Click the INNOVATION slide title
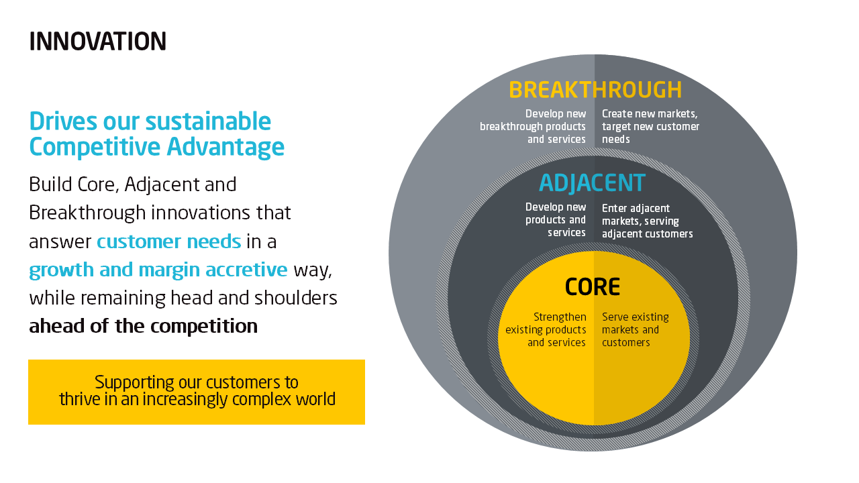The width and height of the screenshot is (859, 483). coord(98,42)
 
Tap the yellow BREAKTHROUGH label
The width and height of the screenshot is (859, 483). coord(595,90)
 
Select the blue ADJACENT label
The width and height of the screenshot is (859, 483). coord(592,183)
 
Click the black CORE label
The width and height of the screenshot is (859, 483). coord(593,286)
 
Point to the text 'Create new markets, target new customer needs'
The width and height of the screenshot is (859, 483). coord(650,126)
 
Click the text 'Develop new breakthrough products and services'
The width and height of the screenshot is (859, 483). coord(533,126)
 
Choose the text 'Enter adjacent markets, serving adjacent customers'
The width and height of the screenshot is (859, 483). coord(648,221)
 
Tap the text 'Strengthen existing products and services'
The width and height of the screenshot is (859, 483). coord(546,329)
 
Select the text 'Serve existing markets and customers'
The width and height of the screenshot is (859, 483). coord(636,329)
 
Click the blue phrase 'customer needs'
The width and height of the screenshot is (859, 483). coord(168,241)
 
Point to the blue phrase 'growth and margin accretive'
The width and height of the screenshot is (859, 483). coord(158,270)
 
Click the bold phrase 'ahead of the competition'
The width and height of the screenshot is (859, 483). coord(143,326)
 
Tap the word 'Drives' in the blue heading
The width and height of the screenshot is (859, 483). coord(63,121)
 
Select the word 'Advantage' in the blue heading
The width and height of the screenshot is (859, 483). coord(225,148)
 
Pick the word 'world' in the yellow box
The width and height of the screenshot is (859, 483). coord(315,399)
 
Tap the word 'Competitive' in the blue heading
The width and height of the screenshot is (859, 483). coord(95,148)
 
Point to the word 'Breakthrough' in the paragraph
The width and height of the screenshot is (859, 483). coord(87,213)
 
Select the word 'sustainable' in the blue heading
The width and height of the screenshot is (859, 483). coord(208,121)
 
